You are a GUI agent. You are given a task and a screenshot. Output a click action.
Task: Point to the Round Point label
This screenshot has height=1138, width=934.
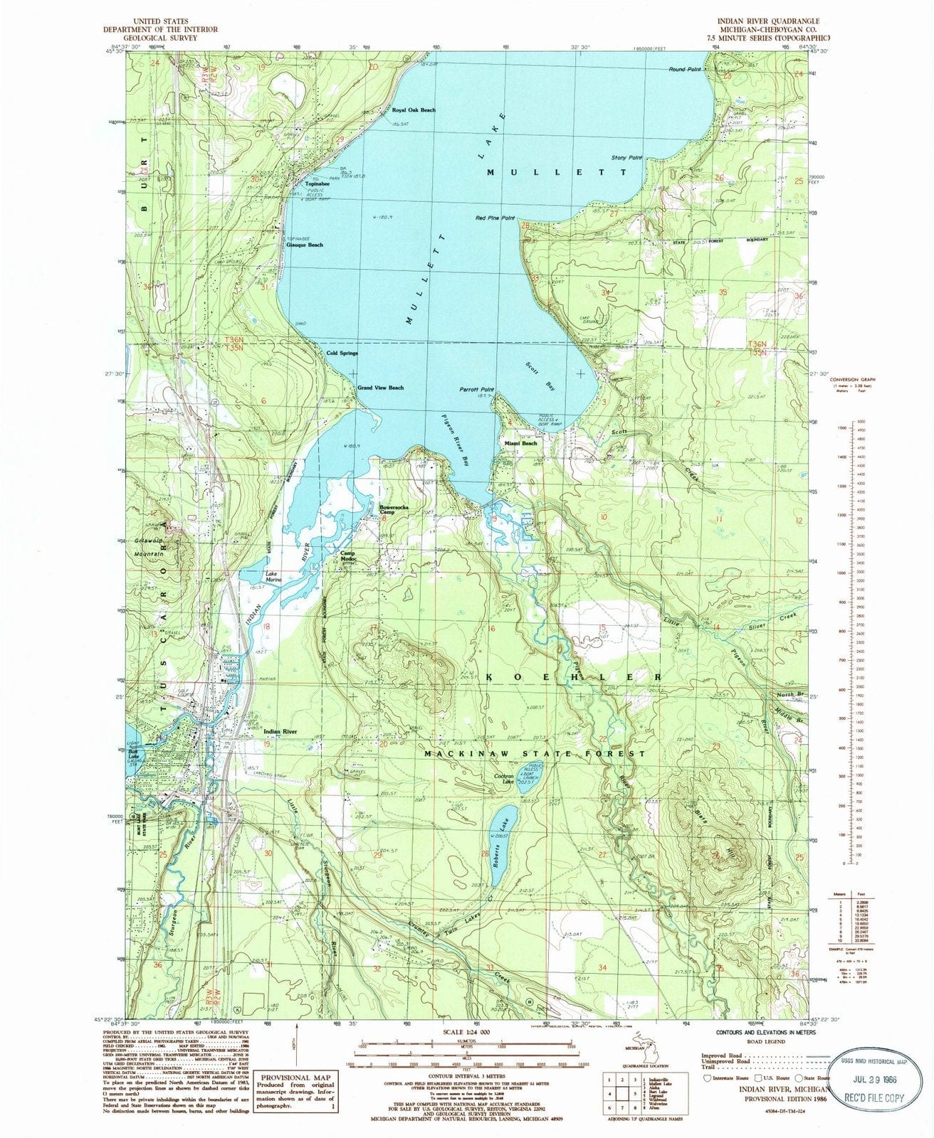pyautogui.click(x=686, y=69)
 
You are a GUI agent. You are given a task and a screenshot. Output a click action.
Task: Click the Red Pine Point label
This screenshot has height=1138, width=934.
pyautogui.click(x=495, y=218)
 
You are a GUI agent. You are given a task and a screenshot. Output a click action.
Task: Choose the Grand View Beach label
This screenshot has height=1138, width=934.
pyautogui.click(x=380, y=388)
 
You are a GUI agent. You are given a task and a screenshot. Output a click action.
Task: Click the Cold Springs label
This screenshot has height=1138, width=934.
pyautogui.click(x=342, y=353)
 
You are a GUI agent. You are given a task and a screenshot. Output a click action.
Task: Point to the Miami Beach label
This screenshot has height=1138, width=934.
pyautogui.click(x=520, y=443)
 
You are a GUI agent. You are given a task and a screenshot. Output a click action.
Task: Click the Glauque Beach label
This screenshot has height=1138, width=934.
pyautogui.click(x=304, y=245)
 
